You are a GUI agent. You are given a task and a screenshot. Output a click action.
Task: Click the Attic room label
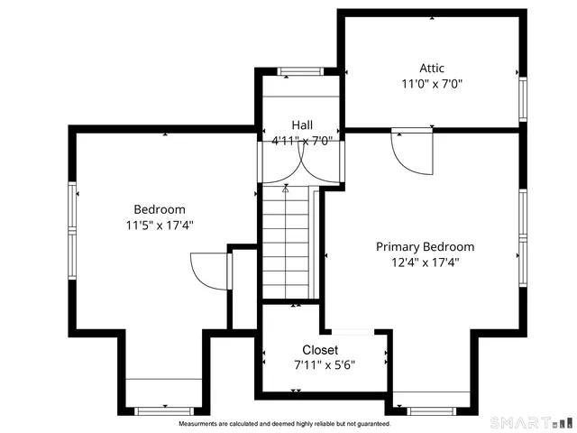click(432, 68)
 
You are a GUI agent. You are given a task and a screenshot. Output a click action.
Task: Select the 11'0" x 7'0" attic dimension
click(432, 85)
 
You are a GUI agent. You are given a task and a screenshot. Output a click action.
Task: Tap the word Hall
click(302, 124)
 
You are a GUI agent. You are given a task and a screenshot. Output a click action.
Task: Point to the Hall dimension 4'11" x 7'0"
click(302, 140)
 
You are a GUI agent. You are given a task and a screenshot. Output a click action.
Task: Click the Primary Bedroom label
click(425, 246)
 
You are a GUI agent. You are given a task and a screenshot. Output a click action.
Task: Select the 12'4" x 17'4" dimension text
click(425, 263)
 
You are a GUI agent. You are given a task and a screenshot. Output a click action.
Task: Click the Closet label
click(320, 350)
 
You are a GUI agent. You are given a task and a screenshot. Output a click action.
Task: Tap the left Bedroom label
click(160, 208)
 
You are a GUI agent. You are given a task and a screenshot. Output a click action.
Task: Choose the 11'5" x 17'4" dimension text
click(160, 226)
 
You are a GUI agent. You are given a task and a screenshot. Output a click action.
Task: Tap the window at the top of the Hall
click(296, 71)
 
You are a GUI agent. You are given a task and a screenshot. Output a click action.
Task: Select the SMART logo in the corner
click(530, 421)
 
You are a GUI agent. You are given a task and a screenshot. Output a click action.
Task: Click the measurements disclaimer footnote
click(284, 424)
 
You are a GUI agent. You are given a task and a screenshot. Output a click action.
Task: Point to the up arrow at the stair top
click(286, 189)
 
